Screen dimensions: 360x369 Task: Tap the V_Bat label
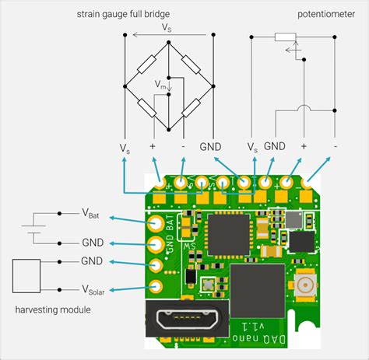[91, 213]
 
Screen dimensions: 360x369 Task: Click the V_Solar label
[93, 291]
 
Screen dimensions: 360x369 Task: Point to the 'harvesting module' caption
[52, 310]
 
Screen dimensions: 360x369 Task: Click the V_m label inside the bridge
[160, 84]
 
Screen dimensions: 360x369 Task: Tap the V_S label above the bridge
[167, 27]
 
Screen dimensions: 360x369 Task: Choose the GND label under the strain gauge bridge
[210, 146]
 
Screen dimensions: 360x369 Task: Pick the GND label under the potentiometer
[274, 146]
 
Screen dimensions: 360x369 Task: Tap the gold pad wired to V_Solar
[156, 282]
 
